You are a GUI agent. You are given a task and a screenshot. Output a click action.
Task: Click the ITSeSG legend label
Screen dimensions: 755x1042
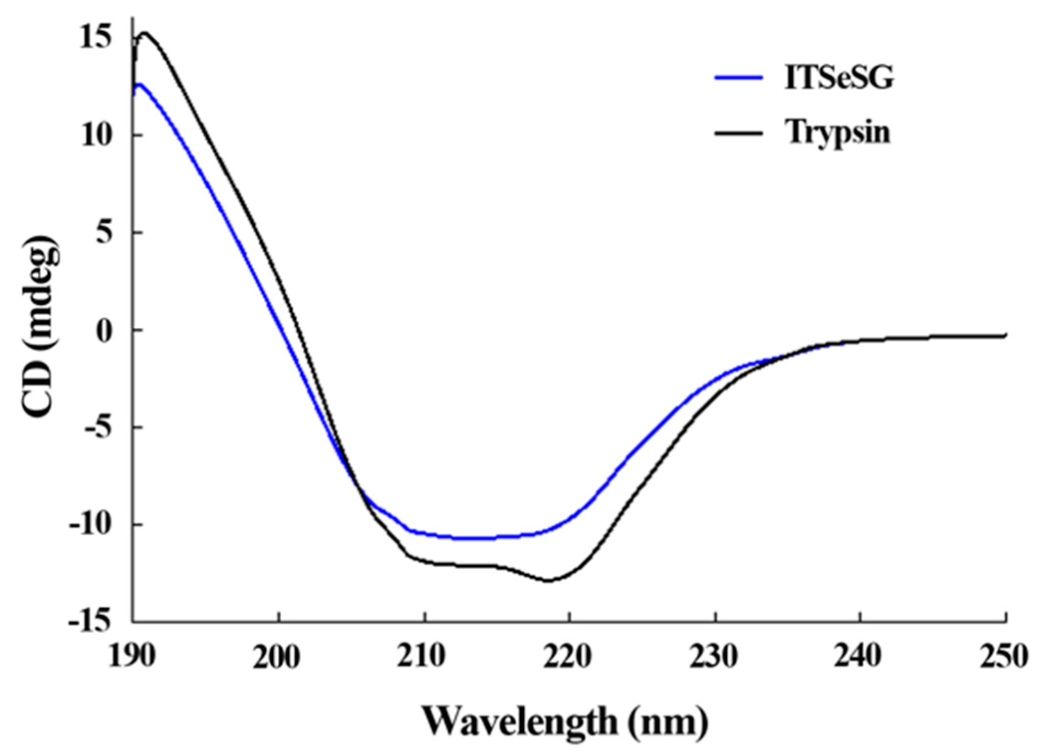pos(839,78)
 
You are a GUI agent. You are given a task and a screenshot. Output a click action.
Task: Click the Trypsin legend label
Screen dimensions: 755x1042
pos(838,133)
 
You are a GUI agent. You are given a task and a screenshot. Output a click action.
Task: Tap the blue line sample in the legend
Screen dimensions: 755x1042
pos(739,77)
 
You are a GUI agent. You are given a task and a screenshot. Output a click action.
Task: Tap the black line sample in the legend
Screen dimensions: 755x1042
pos(739,133)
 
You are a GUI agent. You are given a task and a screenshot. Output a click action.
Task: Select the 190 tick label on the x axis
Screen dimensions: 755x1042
pos(133,657)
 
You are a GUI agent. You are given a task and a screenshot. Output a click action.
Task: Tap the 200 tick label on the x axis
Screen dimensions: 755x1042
pos(278,657)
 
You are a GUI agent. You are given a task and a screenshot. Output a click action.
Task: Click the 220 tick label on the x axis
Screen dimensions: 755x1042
pos(570,657)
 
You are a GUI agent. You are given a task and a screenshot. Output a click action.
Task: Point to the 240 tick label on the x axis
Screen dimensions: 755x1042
pos(860,657)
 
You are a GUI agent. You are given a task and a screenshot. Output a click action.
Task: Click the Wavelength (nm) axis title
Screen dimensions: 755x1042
pos(565,721)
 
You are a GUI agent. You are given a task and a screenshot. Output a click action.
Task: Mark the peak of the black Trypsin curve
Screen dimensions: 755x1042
pos(144,32)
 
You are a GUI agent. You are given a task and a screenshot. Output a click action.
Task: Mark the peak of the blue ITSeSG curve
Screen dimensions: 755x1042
pos(139,84)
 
